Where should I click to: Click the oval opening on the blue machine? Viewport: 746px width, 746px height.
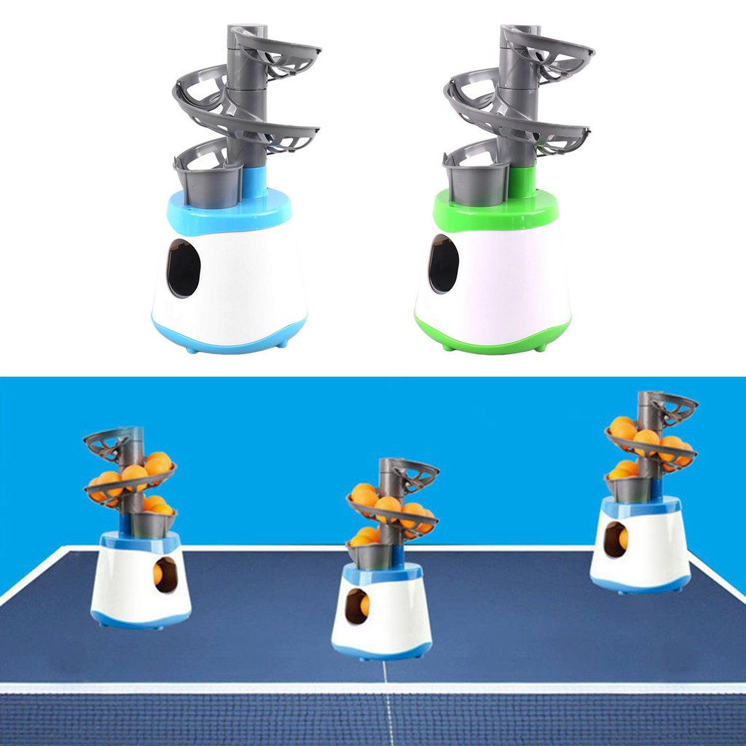(184, 269)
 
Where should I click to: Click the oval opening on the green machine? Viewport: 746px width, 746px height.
(444, 264)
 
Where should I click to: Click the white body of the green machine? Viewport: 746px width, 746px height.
(510, 284)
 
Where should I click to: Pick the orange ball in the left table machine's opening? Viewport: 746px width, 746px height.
(158, 575)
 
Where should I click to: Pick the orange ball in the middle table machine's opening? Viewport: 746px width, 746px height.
(364, 606)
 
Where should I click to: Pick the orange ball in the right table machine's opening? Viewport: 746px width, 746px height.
(623, 539)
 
